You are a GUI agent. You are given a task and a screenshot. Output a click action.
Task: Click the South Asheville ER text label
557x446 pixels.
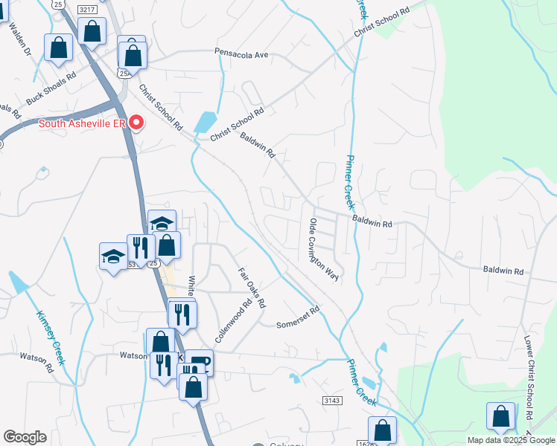pos(81,123)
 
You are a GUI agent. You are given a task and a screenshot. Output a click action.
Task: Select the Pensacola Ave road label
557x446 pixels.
pos(241,55)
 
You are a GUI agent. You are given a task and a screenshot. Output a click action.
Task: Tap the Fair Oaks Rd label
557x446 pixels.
pos(252,288)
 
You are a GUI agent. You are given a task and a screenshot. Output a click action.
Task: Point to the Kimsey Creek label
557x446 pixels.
pos(50,337)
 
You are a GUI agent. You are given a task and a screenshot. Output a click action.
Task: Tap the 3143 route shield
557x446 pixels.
pos(332,400)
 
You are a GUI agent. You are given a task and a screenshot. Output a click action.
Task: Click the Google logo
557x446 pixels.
pos(25,437)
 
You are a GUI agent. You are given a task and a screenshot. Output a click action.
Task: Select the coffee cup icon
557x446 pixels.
pos(198,362)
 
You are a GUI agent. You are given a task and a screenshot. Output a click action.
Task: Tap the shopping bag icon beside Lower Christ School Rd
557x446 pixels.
pos(500,416)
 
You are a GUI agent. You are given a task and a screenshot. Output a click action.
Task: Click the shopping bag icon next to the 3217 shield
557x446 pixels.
pos(92,31)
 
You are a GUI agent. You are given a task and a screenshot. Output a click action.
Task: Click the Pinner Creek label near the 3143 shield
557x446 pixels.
pos(361,382)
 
